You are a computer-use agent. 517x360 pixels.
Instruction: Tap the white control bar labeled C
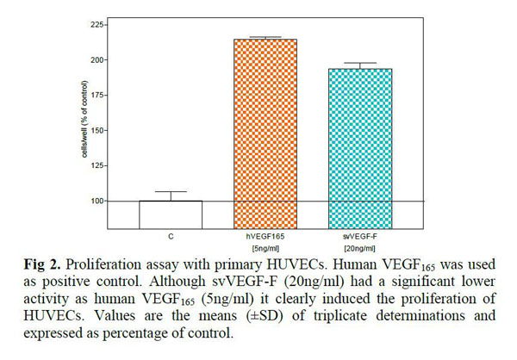click(171, 214)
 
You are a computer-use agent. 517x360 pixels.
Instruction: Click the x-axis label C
click(171, 233)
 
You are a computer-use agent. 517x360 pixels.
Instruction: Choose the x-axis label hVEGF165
click(266, 233)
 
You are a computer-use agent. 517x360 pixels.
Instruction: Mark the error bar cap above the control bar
click(171, 192)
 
